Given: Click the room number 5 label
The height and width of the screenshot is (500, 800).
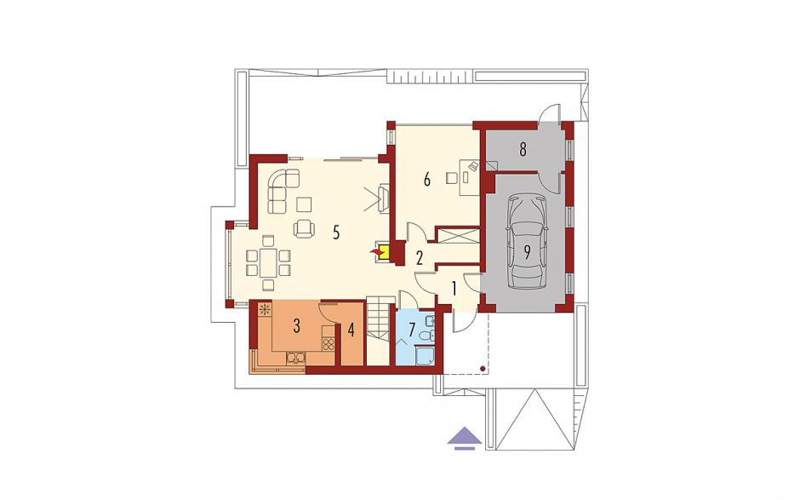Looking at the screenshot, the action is coord(335,233).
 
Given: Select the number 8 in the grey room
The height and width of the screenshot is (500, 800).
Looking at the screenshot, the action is coord(523,150).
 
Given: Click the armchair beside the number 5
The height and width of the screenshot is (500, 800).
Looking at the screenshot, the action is coord(304,228).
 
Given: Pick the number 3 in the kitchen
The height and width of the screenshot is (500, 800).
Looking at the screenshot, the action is coord(296,326).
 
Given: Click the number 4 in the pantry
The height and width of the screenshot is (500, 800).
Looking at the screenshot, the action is coord(351,330).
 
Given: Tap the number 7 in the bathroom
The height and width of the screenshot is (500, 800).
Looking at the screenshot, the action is coord(412,327).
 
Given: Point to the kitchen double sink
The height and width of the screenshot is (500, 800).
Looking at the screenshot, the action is coord(296,359).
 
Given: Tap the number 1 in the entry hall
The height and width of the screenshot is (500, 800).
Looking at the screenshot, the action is coord(453,289).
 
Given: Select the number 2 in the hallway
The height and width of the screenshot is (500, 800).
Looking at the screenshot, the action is coord(420,258).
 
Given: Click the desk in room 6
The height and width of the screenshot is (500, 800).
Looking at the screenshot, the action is coord(470,177).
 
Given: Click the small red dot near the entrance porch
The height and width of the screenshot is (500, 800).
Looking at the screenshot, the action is coord(483,368).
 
